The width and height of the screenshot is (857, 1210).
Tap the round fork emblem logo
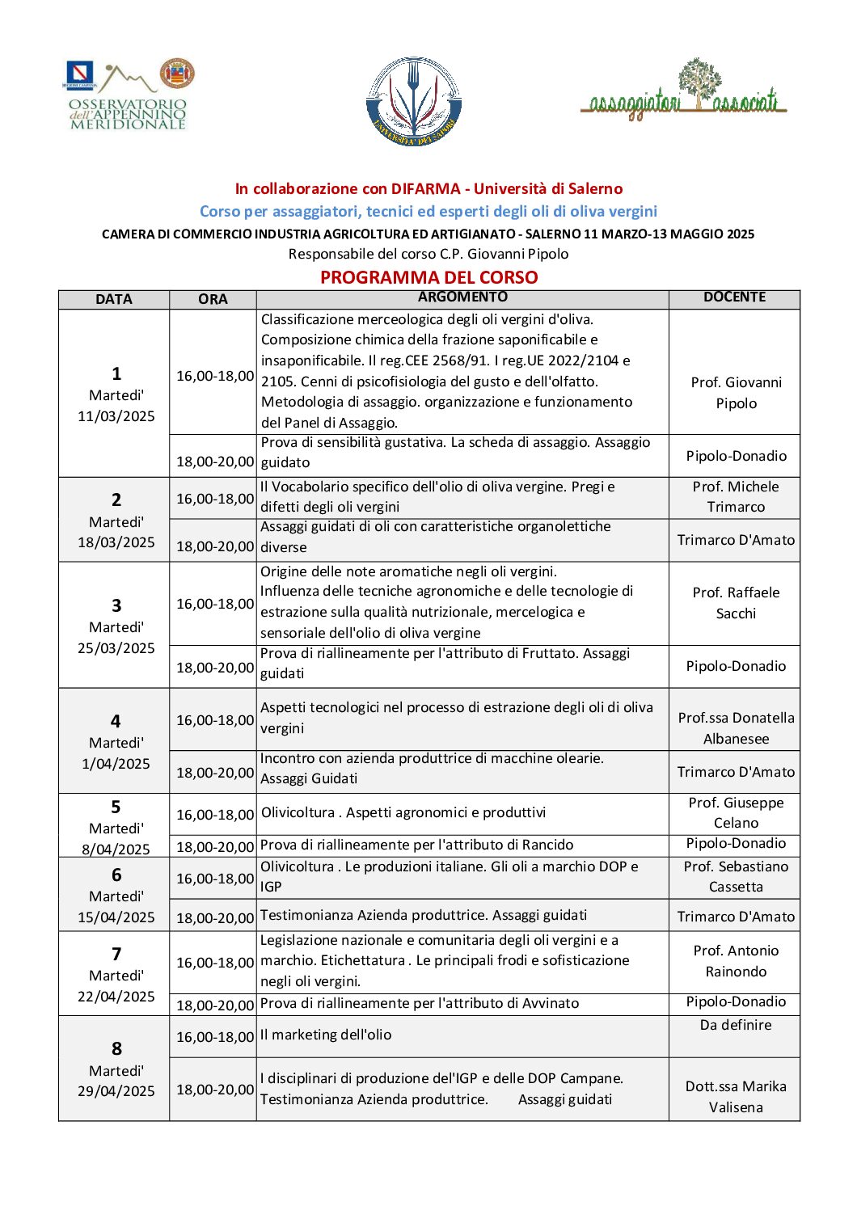tap(414, 102)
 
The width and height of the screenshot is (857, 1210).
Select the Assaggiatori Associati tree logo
tap(684, 91)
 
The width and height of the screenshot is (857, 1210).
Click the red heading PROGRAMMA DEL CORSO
tap(428, 277)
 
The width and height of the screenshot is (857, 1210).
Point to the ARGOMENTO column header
tap(462, 297)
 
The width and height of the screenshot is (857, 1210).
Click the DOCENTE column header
tap(734, 297)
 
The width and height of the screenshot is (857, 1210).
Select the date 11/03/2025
tap(116, 416)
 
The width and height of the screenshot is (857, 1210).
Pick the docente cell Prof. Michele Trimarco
tap(736, 497)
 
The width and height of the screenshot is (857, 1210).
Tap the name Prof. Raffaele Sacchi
tap(736, 603)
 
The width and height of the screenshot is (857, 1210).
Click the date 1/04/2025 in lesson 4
tap(116, 764)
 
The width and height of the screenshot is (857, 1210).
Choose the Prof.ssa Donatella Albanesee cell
tap(736, 728)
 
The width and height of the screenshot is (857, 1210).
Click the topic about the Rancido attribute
tap(417, 845)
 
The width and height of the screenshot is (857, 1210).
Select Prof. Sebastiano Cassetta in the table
tap(736, 877)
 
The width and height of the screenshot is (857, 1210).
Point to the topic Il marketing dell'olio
tap(326, 1035)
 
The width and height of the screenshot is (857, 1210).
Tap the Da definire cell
tap(736, 1025)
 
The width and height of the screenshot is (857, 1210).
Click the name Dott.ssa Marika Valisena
tap(736, 1097)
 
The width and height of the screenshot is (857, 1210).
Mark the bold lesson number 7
tap(116, 954)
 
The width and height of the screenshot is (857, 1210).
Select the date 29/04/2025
tap(116, 1091)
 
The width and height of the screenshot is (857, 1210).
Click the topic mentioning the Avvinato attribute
tap(420, 1003)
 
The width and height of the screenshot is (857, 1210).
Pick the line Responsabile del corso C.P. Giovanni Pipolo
tap(428, 254)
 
